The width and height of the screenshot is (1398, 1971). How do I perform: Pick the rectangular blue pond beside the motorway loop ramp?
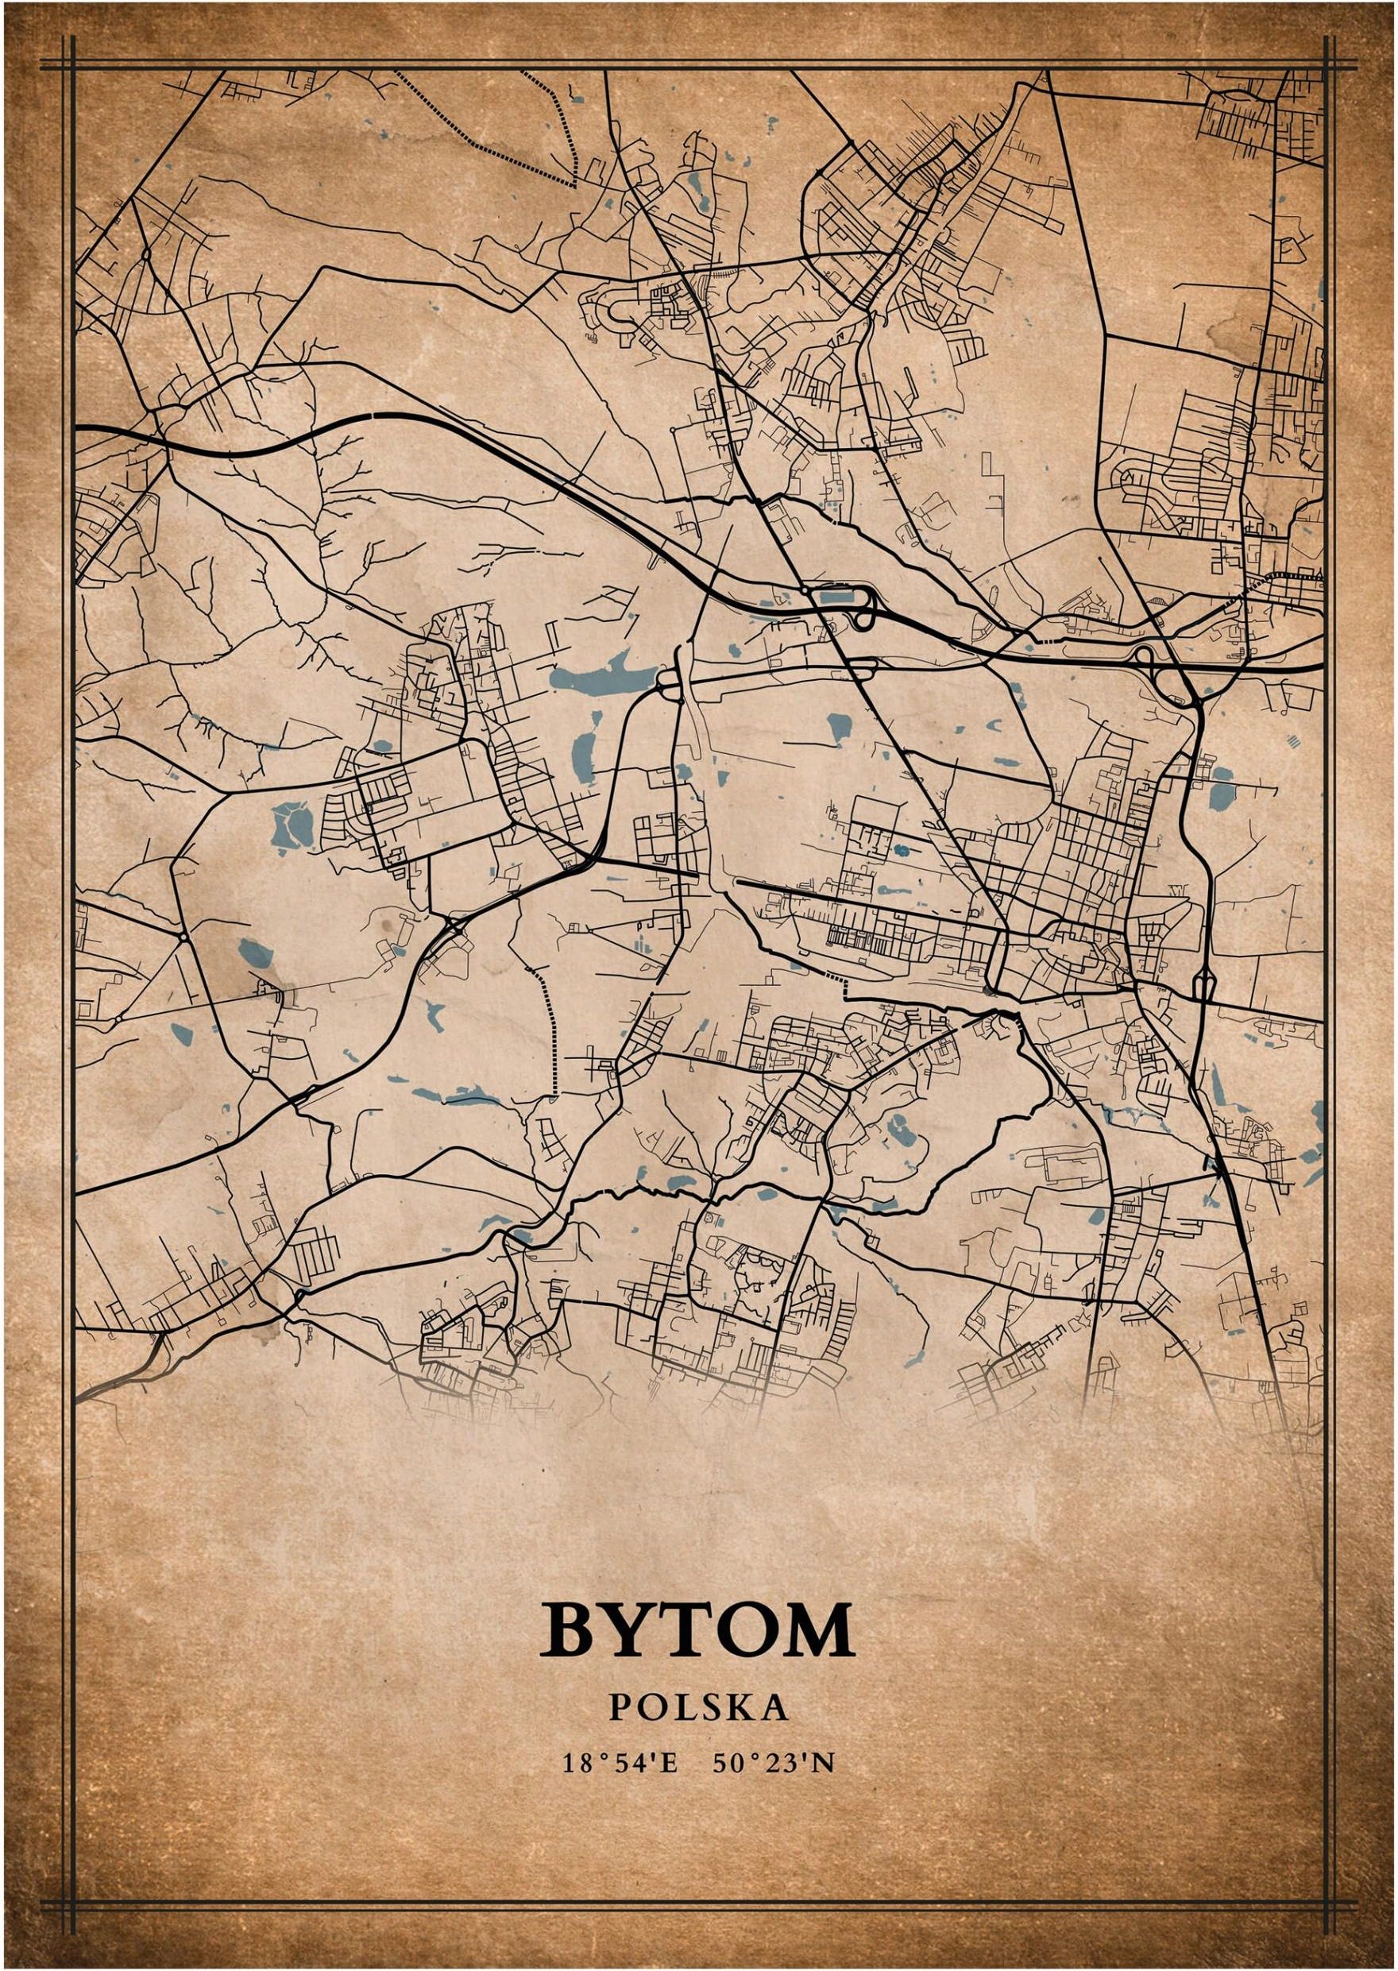click(x=834, y=593)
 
